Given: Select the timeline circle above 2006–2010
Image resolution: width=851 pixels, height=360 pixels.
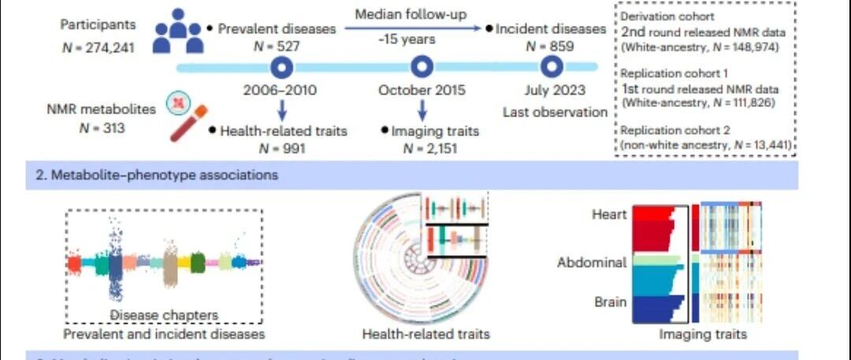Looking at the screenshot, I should [x=280, y=67].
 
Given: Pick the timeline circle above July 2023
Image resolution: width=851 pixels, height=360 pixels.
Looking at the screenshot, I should [x=549, y=67].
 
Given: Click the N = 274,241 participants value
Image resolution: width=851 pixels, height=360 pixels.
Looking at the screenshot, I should [x=98, y=47].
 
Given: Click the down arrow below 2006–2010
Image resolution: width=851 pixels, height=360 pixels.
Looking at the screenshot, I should [x=281, y=109].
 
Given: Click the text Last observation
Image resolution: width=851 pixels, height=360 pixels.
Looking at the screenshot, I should [x=555, y=112].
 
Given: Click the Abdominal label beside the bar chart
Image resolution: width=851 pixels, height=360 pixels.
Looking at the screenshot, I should [x=592, y=262].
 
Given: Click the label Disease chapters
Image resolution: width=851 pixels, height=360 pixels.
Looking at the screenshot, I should [x=164, y=316].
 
